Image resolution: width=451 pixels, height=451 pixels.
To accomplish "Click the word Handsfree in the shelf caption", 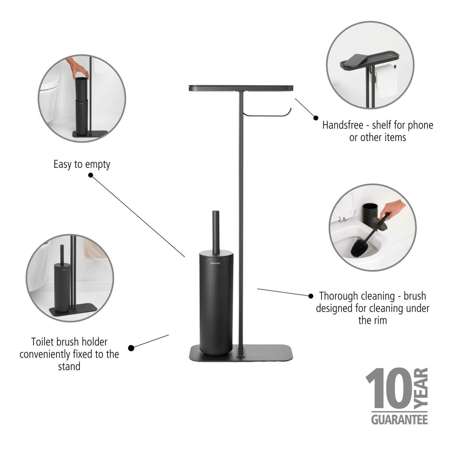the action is click(343, 125).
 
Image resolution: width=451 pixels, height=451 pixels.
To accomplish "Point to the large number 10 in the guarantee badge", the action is click(389, 388).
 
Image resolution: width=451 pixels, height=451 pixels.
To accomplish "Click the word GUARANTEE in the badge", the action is click(399, 420).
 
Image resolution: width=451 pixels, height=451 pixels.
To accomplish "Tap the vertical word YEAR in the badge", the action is click(421, 388).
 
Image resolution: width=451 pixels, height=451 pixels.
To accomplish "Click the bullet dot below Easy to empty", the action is click(91, 175).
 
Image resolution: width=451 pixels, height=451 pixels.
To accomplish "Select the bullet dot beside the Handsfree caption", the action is click(316, 118).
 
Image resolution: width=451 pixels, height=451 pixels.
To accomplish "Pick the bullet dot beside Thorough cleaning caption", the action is click(311, 296).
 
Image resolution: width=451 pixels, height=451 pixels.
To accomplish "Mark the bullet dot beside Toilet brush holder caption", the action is click(131, 348).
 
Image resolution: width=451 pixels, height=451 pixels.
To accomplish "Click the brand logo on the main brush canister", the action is click(215, 263).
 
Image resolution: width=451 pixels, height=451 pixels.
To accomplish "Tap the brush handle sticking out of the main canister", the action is click(216, 233).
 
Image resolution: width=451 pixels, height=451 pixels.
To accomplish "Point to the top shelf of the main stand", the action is click(241, 88).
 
